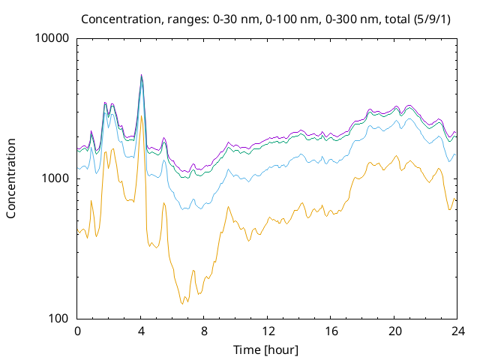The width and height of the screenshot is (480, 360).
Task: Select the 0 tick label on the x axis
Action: tap(77, 331)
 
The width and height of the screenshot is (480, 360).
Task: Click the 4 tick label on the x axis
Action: tap(141, 331)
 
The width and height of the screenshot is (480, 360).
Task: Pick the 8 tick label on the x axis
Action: tap(204, 331)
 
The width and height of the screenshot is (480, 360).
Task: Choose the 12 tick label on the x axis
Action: tap(268, 331)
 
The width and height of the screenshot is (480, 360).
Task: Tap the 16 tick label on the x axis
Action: tap(331, 331)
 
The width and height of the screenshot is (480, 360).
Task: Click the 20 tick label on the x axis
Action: tap(394, 331)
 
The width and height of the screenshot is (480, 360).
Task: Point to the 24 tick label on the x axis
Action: tap(458, 331)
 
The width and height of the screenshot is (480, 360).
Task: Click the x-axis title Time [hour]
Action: tap(265, 349)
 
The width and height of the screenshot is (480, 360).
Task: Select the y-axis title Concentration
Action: tap(11, 178)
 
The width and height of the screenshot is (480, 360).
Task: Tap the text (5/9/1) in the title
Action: tap(432, 19)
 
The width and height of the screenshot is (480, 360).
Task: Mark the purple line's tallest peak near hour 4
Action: tap(141, 74)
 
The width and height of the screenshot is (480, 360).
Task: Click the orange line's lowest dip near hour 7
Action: tap(182, 304)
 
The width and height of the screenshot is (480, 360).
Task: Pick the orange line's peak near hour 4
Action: tap(141, 115)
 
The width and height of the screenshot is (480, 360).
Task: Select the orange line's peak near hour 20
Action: tap(397, 155)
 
